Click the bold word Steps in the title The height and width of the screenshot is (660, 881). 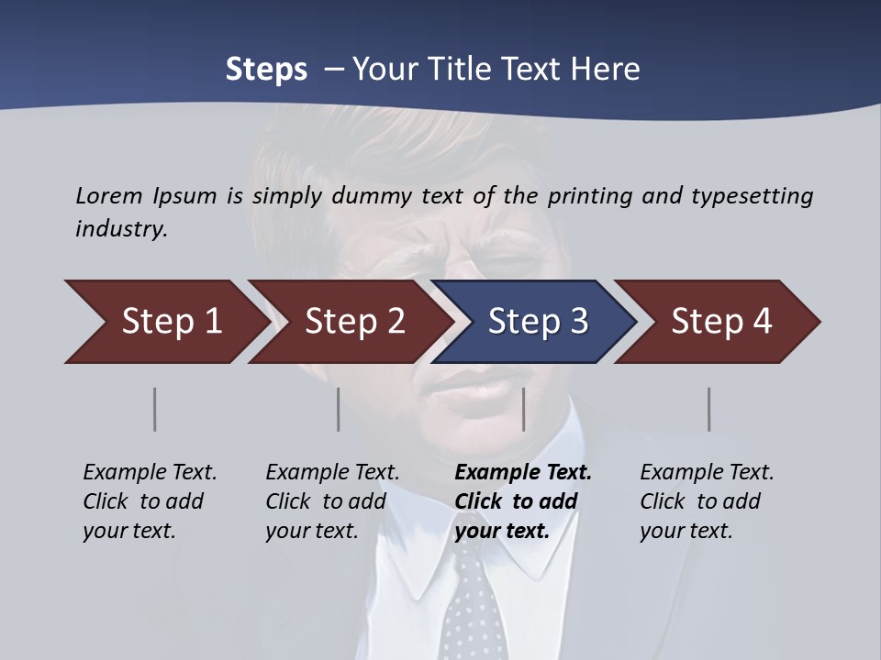click(266, 69)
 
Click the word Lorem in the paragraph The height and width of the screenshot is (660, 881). click(109, 195)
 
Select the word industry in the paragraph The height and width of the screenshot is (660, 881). click(121, 228)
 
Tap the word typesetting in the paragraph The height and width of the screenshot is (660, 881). click(752, 195)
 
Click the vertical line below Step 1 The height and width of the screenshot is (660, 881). click(155, 409)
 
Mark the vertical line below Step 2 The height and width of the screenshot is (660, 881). click(339, 409)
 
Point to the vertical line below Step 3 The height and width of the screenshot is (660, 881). click(524, 409)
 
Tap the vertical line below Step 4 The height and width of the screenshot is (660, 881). click(709, 409)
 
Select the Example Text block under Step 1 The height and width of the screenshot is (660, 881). click(150, 501)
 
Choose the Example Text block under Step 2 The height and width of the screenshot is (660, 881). click(332, 501)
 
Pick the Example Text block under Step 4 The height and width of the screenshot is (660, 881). click(707, 501)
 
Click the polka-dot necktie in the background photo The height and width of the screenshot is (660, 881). click(474, 605)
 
